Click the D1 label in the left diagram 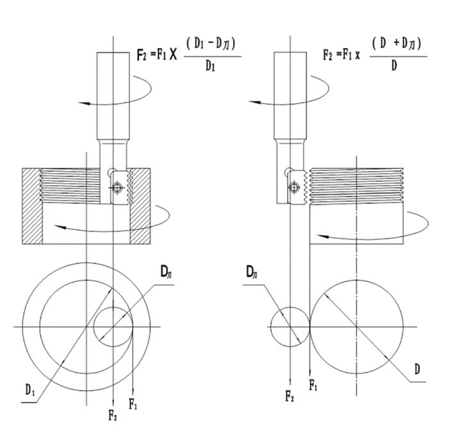coord(30,389)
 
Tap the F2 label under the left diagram coord(113,414)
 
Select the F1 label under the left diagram coord(133,404)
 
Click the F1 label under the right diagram coord(313,385)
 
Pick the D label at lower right coord(417,370)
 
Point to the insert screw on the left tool coord(116,187)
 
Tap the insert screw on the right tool coord(293,187)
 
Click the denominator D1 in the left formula coord(209,67)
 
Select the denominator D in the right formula coord(394,67)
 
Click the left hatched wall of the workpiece coord(31,205)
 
